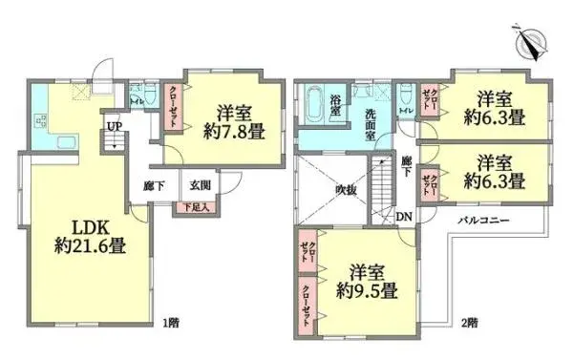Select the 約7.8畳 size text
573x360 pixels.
[x=235, y=132]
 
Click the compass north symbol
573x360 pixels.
[x=530, y=41]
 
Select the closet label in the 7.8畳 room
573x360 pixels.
[x=173, y=99]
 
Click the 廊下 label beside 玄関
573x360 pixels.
[x=154, y=185]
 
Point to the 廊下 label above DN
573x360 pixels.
[x=406, y=164]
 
